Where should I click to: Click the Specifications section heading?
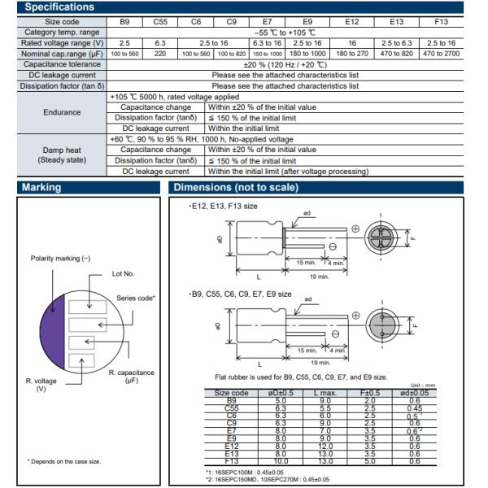point(59,7)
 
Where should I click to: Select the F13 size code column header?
point(441,22)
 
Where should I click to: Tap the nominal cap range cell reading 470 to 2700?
point(441,54)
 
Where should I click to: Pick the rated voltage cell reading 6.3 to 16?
point(267,43)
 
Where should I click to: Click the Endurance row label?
point(62,112)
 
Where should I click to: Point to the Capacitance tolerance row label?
point(62,64)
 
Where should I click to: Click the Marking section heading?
point(41,187)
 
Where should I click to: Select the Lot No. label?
point(123,274)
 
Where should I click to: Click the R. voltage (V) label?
point(41,385)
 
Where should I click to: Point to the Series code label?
point(135,298)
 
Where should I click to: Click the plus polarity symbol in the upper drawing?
point(355,229)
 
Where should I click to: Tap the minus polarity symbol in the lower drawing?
point(335,334)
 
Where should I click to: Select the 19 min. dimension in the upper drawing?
point(320,277)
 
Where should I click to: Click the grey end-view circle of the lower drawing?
point(382,325)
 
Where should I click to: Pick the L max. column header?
point(325,393)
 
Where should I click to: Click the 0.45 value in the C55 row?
point(415,408)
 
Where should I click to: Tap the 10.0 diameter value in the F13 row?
point(281,461)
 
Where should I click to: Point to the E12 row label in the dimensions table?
point(232,446)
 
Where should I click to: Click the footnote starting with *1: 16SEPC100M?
point(245,473)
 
